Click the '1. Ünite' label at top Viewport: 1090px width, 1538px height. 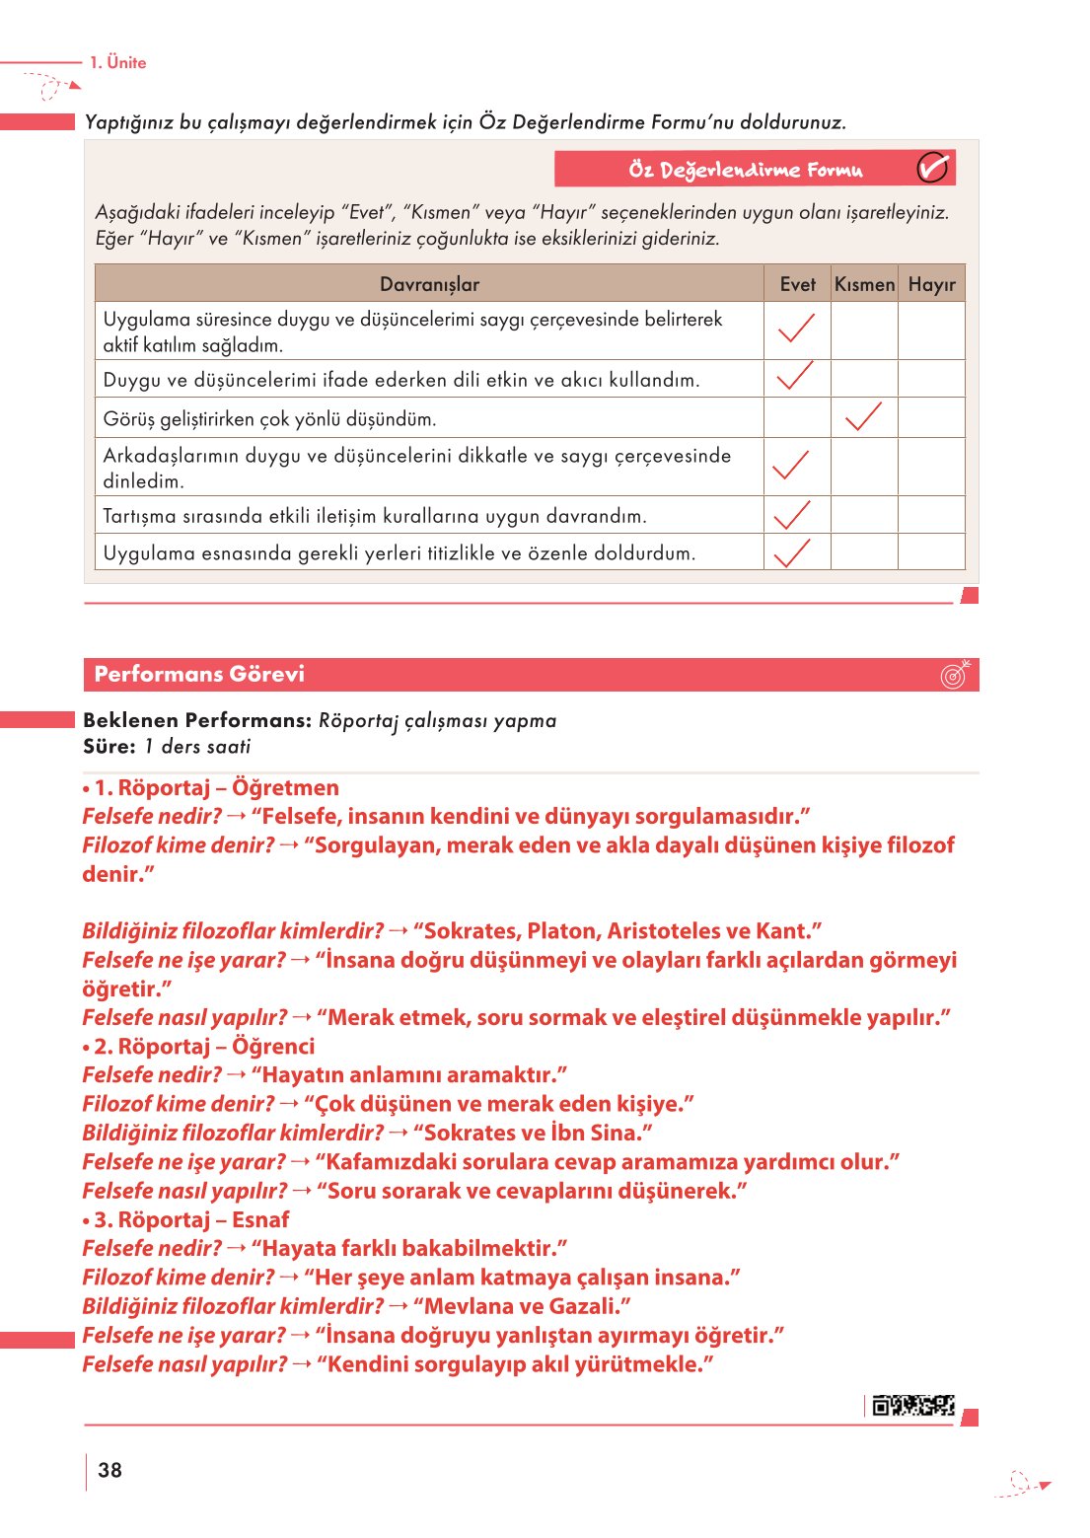coord(117,62)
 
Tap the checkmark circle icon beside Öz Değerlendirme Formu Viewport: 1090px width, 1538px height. coord(932,169)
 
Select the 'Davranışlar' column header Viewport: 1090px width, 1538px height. coord(429,284)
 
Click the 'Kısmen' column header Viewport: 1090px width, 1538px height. coord(864,284)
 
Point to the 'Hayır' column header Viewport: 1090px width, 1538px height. coord(931,284)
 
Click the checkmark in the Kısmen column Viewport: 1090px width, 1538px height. coord(864,416)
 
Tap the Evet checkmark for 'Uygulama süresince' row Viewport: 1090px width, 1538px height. coord(796,329)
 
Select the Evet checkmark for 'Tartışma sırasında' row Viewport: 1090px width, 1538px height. coord(792,515)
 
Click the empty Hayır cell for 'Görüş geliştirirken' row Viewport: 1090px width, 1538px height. coord(931,417)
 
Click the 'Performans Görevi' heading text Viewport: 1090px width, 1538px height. coord(199,674)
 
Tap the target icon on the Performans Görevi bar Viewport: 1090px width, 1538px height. coord(955,674)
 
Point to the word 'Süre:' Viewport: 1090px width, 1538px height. coord(109,747)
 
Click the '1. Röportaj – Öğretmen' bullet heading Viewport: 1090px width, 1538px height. coord(215,788)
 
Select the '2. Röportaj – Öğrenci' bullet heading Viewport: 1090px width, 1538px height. coord(203,1047)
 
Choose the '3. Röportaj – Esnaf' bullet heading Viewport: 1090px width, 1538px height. coord(190,1220)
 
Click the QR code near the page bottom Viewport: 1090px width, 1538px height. coord(913,1405)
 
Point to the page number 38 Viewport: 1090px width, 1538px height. coord(110,1470)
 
